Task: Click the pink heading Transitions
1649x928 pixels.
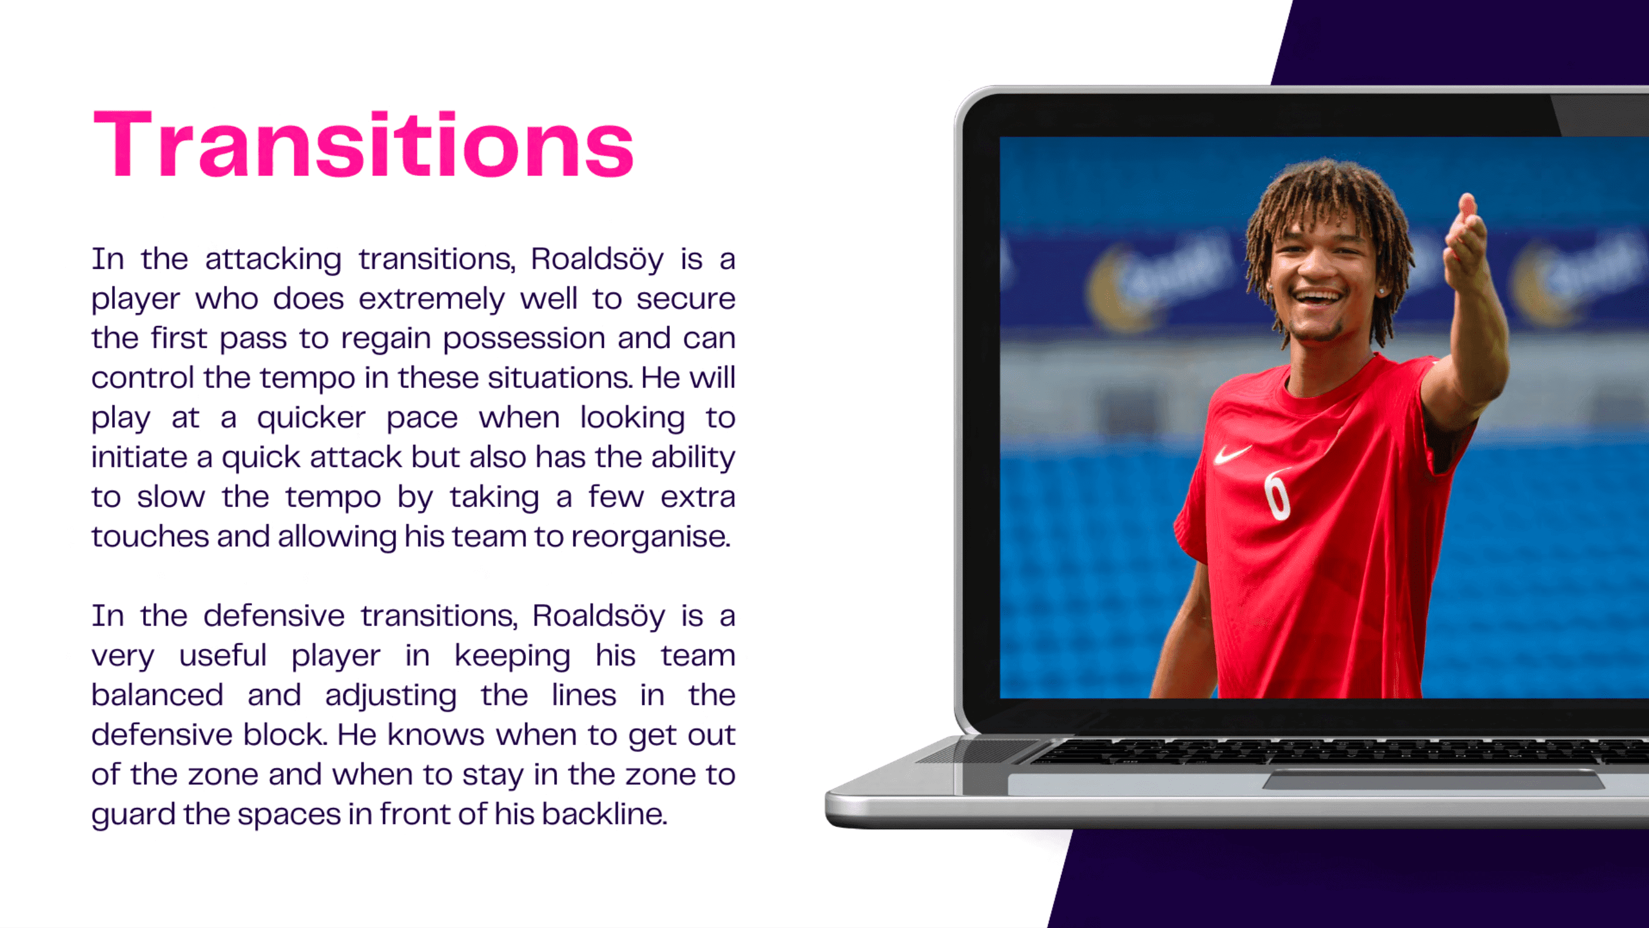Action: (x=364, y=144)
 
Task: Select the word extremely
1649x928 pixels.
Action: (x=432, y=300)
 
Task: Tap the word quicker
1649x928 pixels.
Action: (x=312, y=419)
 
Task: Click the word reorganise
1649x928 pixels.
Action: (x=650, y=536)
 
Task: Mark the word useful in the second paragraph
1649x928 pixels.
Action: (x=223, y=655)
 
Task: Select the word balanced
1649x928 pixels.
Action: (x=158, y=695)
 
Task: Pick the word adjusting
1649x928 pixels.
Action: (x=391, y=696)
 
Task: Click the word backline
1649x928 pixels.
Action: (x=604, y=814)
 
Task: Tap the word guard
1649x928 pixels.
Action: (x=133, y=815)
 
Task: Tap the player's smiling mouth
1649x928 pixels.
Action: (x=1317, y=299)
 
